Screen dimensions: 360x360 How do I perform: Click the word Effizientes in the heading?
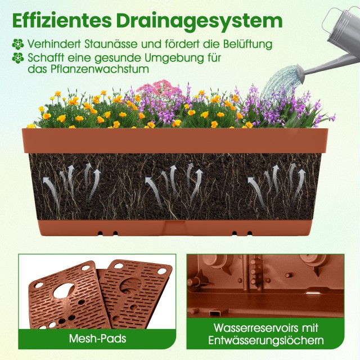pos(62,21)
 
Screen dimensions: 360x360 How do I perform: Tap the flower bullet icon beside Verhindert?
pos(17,44)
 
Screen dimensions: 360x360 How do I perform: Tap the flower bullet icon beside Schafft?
pos(17,58)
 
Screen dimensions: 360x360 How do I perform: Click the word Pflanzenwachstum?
pos(100,69)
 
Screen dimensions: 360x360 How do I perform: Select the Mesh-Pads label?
pos(97,339)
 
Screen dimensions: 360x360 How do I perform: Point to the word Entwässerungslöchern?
pos(266,340)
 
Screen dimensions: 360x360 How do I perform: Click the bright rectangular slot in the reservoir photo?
pos(312,293)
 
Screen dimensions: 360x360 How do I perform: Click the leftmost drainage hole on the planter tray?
pos(100,233)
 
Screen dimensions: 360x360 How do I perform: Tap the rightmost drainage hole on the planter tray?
pos(250,234)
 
